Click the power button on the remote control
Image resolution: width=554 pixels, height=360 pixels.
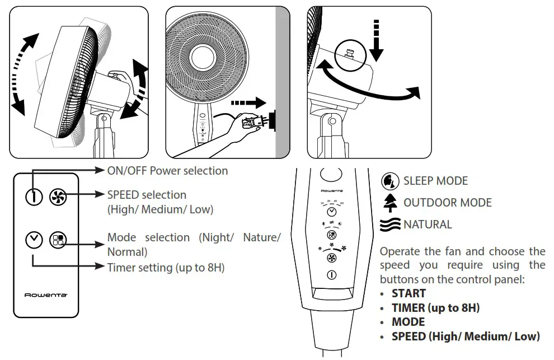[x=34, y=197]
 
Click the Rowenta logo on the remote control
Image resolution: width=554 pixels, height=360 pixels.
[x=47, y=294]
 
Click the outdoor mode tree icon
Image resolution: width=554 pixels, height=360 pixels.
[x=389, y=203]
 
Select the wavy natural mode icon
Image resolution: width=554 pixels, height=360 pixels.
[x=391, y=225]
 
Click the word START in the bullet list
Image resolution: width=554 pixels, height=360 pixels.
[x=409, y=293]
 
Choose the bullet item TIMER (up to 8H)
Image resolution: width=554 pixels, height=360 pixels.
[x=435, y=308]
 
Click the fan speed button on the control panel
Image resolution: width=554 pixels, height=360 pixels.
[x=332, y=258]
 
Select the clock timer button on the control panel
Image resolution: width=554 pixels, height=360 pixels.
[x=332, y=212]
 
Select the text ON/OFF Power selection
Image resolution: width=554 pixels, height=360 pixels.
[x=167, y=170]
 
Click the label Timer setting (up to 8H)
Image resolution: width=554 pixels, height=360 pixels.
[x=166, y=268]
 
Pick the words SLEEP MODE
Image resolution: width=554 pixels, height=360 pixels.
[x=435, y=181]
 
